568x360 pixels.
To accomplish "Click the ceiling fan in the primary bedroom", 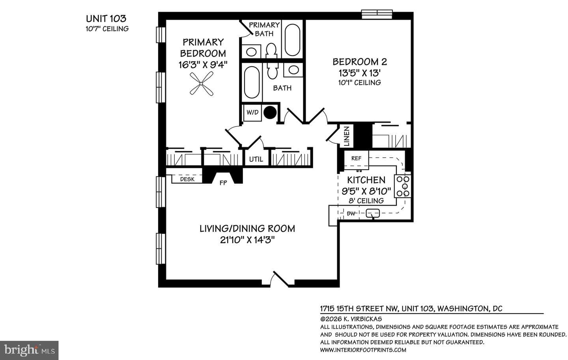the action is tap(201, 84).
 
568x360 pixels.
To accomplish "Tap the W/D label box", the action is tap(252, 112).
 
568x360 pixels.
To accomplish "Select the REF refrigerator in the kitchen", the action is tap(356, 160).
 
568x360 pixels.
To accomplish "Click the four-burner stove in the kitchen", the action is tap(403, 187).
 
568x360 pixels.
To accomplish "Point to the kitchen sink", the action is tap(373, 213).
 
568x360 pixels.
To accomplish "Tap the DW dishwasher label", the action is tap(351, 214).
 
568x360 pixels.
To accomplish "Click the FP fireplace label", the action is tap(223, 183).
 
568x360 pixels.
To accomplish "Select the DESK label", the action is tap(187, 179).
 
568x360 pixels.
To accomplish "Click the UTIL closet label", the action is tap(256, 159).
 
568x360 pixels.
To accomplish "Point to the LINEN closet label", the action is tap(346, 136).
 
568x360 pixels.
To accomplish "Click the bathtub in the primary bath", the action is tap(292, 40).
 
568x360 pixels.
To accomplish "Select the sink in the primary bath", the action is tap(251, 52).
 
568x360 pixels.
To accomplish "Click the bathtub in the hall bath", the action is tap(252, 82).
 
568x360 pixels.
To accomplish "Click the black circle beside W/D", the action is tap(270, 112).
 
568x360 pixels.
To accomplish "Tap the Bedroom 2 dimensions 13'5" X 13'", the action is tap(360, 73).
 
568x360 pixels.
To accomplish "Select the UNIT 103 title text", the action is tap(106, 19).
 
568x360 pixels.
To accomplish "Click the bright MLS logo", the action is tap(29, 351).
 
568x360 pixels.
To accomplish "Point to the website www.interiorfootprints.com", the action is tap(363, 350).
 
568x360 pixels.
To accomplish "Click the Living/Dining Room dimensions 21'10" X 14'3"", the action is tap(247, 240).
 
